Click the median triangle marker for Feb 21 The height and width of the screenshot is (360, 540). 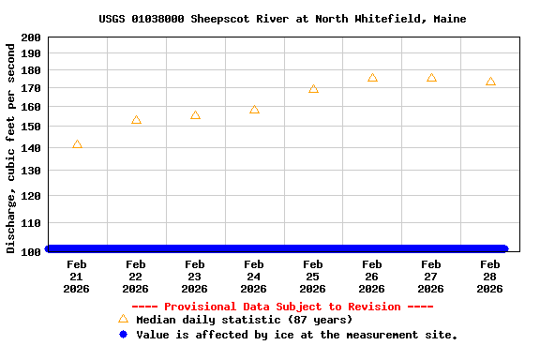click(77, 144)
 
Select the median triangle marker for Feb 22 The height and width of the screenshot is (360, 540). click(136, 120)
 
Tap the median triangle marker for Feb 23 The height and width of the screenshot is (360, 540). click(195, 115)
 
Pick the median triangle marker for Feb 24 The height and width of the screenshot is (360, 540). click(254, 110)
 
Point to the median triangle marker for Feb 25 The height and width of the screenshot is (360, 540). click(313, 89)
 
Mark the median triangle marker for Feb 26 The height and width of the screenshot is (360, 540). click(372, 78)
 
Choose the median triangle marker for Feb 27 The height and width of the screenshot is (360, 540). click(431, 78)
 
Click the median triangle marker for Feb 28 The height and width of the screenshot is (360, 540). click(490, 82)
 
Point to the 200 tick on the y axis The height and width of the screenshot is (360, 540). click(31, 37)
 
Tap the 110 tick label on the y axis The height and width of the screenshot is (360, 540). click(31, 224)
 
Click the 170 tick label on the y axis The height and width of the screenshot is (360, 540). click(31, 88)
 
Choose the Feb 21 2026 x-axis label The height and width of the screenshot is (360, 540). click(77, 277)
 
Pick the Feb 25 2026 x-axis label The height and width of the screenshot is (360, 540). click(313, 277)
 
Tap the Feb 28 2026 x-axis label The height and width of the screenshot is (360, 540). click(490, 277)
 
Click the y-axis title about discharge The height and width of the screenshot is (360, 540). click(11, 146)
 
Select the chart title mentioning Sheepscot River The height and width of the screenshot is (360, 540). click(282, 19)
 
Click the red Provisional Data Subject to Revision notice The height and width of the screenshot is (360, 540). click(282, 307)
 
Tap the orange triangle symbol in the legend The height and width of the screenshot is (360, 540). click(123, 319)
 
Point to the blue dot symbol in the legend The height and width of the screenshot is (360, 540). click(123, 334)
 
